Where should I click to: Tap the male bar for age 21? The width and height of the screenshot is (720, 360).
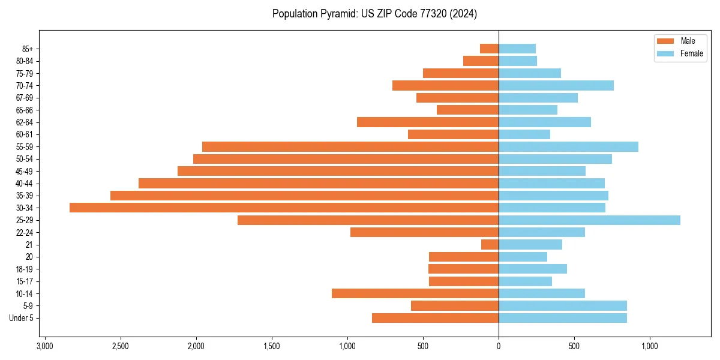point(490,244)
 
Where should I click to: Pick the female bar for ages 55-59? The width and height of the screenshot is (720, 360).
point(568,146)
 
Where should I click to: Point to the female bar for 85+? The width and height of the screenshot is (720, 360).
point(517,49)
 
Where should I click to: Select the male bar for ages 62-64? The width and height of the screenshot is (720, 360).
point(428,122)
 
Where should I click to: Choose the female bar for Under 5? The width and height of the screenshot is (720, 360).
point(563,318)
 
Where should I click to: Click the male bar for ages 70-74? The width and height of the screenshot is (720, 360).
point(445,85)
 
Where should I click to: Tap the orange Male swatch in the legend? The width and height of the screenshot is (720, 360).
point(666,41)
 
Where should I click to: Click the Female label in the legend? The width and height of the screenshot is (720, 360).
point(692,53)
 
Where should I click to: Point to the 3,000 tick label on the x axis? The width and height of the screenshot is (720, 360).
point(44,346)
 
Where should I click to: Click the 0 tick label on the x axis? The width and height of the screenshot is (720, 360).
point(499,346)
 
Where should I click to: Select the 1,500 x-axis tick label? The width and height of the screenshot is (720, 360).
point(272,346)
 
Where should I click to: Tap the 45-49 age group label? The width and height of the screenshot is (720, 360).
point(25,171)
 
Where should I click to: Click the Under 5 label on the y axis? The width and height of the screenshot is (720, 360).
point(21,318)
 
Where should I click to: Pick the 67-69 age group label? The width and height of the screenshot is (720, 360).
point(25,98)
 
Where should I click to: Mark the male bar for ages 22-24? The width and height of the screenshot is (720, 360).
point(424,232)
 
